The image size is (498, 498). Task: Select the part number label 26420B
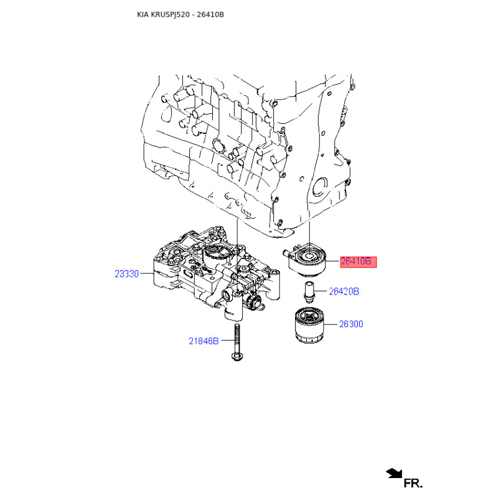point(344,291)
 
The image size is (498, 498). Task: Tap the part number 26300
point(351,324)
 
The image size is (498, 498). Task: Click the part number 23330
point(127,274)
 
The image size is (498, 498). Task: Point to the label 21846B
point(204,341)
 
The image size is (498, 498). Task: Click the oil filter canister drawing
point(309,326)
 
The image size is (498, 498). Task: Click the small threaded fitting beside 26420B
point(309,291)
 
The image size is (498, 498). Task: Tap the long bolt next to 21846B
point(237,342)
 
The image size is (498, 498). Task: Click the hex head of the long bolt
point(237,356)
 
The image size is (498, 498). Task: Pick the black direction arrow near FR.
point(394,473)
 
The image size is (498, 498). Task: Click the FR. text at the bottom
point(413,484)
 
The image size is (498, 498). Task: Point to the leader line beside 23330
point(147,273)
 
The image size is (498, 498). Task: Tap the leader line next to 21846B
point(227,341)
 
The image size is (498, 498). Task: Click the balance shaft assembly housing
point(217,273)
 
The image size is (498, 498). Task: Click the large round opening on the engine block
point(319,187)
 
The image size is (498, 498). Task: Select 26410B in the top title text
point(210,14)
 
